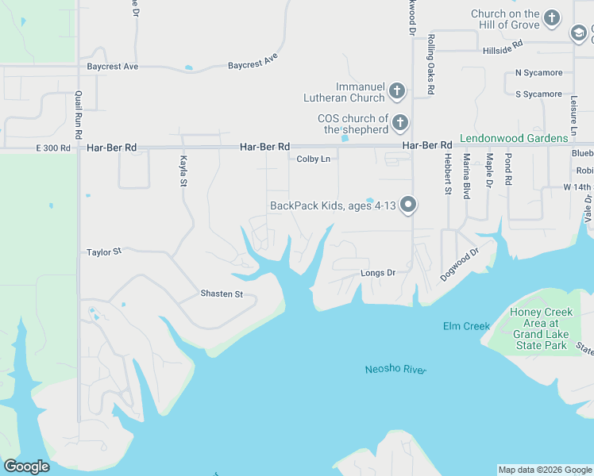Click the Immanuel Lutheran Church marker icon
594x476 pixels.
[397, 92]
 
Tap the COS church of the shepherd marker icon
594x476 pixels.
[400, 123]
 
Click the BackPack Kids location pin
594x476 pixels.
[409, 205]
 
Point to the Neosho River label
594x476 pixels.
[395, 370]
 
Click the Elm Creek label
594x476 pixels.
[466, 327]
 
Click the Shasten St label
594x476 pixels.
[222, 294]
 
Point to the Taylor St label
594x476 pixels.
[104, 252]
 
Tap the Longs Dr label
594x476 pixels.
[378, 273]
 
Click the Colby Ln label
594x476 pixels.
[313, 159]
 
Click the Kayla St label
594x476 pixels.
[183, 171]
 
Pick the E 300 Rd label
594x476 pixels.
[53, 148]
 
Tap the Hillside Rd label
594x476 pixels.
[501, 49]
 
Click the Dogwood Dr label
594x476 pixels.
[460, 265]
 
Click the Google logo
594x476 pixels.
[26, 466]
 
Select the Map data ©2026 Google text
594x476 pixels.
[545, 470]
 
